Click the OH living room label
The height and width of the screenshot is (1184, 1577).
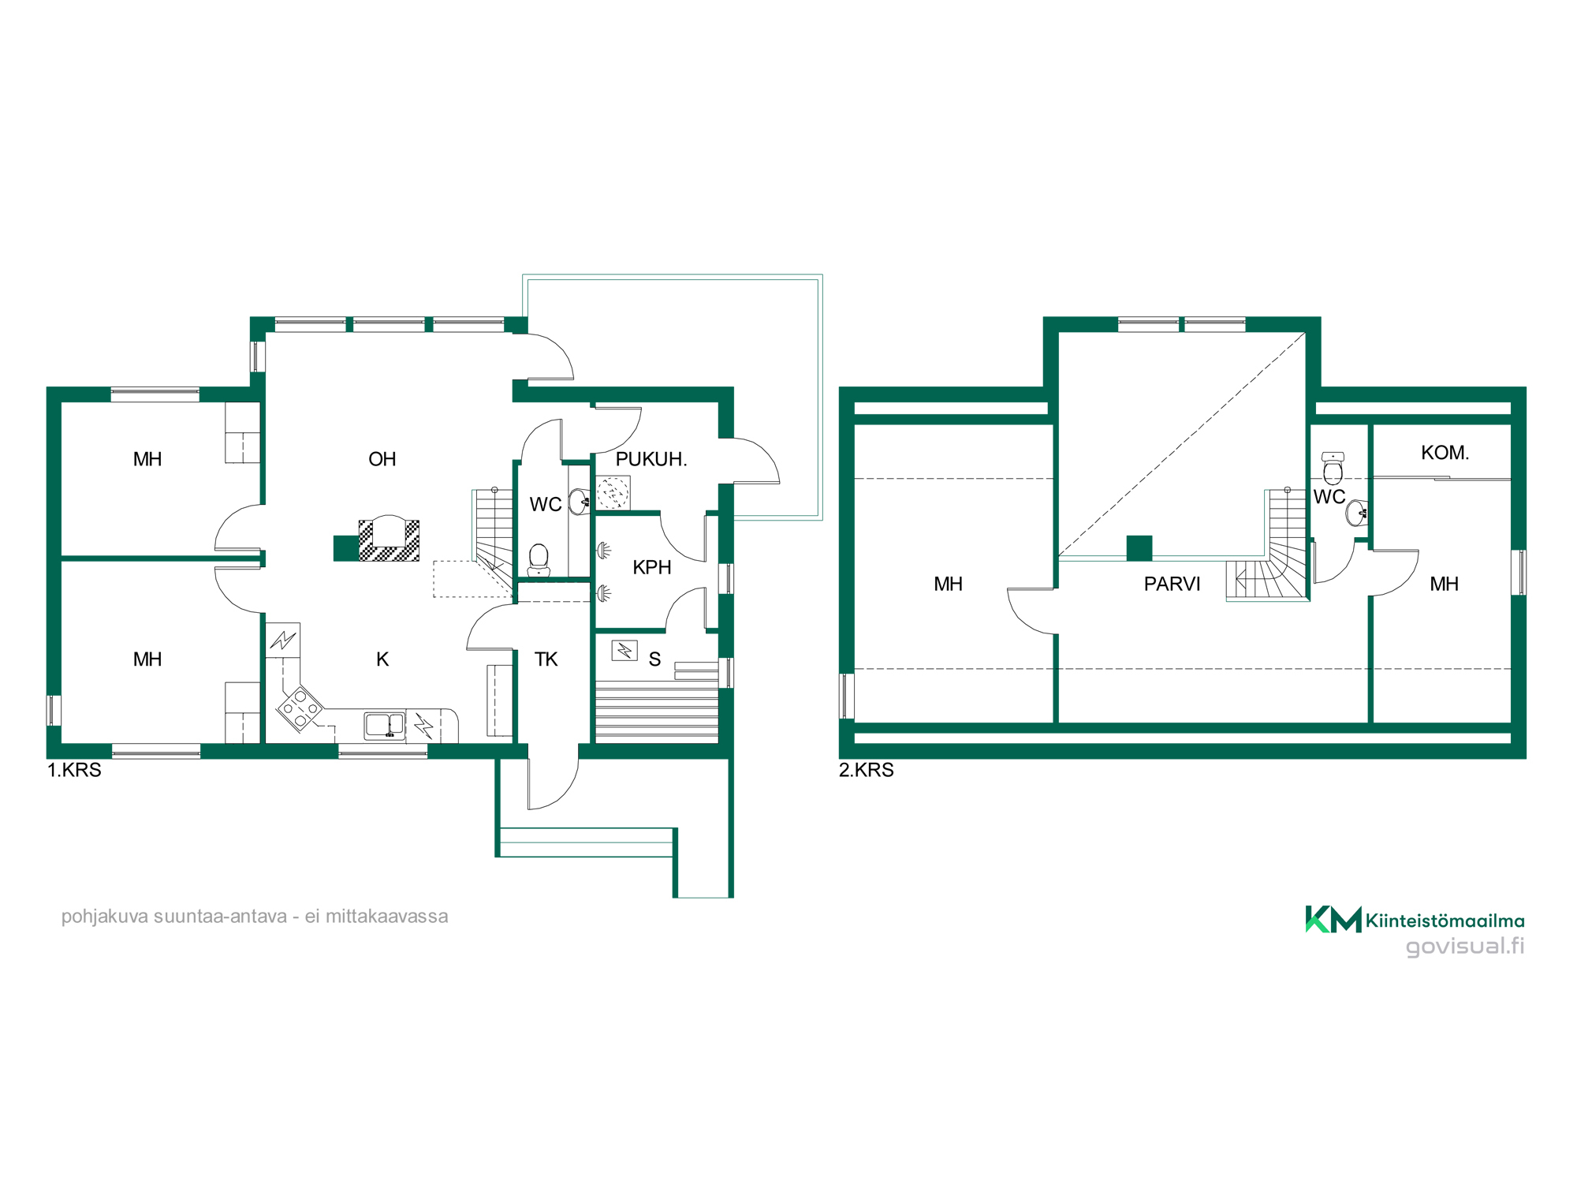(x=382, y=459)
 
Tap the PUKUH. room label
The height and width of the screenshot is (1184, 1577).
(x=651, y=459)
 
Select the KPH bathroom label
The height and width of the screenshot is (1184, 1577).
(x=652, y=567)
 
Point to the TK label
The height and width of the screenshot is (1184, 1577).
(x=546, y=659)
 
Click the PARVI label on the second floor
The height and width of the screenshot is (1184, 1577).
(x=1172, y=584)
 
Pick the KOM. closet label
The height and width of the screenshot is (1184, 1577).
(x=1445, y=453)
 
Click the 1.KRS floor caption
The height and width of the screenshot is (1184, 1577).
(x=74, y=770)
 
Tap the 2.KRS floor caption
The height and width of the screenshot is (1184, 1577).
(x=866, y=770)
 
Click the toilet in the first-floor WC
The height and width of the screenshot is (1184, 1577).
(x=539, y=559)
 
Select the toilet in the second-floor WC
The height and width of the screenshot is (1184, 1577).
(x=1333, y=469)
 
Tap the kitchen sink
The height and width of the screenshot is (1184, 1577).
(x=385, y=725)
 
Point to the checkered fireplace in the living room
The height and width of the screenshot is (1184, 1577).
(x=389, y=540)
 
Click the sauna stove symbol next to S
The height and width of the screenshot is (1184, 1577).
(x=624, y=651)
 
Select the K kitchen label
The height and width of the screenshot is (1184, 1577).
(x=382, y=659)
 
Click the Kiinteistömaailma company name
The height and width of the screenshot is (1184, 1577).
(x=1445, y=921)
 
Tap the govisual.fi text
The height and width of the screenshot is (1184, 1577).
(x=1465, y=946)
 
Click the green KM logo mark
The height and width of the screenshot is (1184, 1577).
(x=1333, y=919)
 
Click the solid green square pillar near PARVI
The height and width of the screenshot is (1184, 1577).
(x=1139, y=548)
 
